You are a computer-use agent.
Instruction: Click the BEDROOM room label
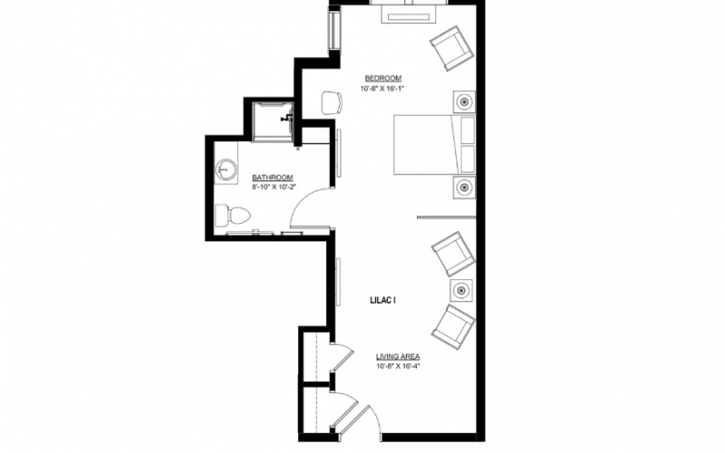382,78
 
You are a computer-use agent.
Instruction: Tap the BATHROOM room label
273,178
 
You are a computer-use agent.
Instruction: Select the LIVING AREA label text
398,356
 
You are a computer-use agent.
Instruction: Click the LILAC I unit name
382,300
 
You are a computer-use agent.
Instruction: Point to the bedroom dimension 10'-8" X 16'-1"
382,88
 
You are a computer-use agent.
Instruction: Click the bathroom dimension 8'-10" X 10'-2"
274,188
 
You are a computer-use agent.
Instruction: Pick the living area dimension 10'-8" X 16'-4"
398,367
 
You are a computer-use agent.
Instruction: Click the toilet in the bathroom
233,216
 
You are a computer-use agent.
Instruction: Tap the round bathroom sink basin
227,169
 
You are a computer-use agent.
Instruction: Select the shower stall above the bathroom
273,121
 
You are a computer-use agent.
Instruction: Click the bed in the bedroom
434,145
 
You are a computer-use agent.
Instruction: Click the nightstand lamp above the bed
464,101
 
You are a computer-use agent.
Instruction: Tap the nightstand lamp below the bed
464,188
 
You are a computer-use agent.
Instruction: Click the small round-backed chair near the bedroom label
332,103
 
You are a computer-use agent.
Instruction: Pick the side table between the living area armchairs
461,290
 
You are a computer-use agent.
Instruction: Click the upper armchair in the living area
454,254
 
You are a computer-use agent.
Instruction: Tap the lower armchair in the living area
454,327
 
